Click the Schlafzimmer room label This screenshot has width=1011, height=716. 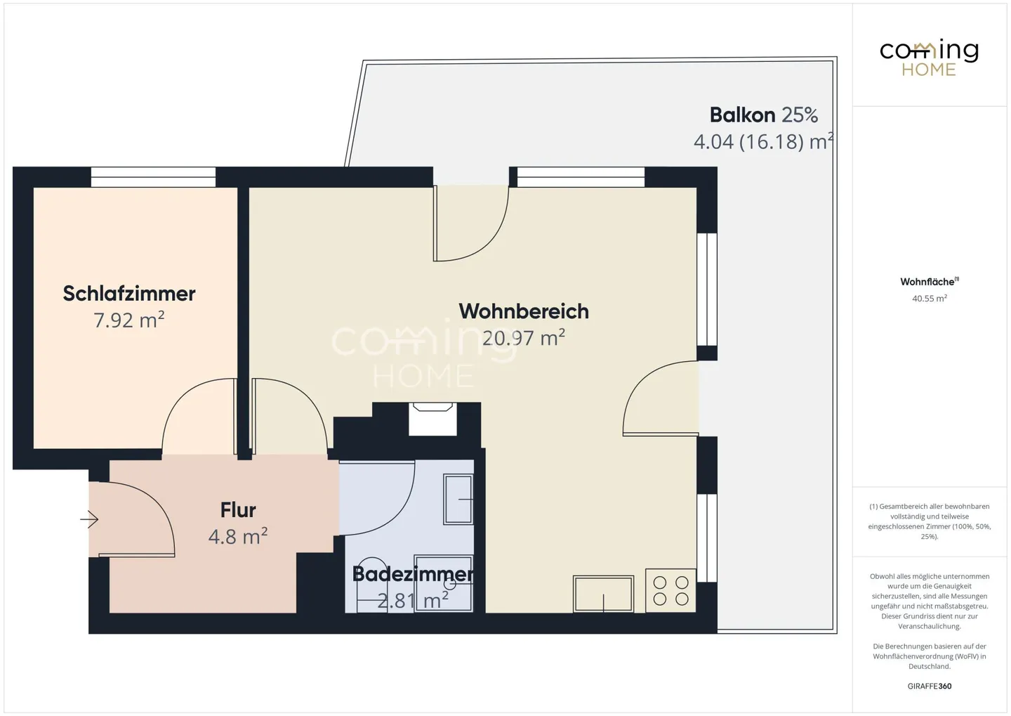click(x=129, y=294)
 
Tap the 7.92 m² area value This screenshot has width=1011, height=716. click(x=128, y=320)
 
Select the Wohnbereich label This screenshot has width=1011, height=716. click(x=524, y=311)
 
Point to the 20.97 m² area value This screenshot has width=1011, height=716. click(x=524, y=337)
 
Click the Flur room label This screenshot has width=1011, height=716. click(x=238, y=510)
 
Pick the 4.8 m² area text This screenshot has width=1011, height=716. click(x=238, y=536)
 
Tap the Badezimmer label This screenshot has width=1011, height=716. click(x=413, y=574)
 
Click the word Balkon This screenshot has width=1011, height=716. click(x=743, y=115)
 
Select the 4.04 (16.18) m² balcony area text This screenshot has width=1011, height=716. click(x=763, y=141)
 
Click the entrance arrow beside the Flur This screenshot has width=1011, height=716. click(x=89, y=519)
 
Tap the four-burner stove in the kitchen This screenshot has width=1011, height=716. click(x=670, y=590)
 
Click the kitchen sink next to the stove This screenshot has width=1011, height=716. click(x=604, y=594)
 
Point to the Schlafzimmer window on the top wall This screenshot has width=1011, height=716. click(x=154, y=177)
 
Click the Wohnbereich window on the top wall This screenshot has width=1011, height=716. click(x=581, y=177)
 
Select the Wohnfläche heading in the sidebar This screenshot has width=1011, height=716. click(x=930, y=282)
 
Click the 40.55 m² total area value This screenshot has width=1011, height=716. click(x=930, y=298)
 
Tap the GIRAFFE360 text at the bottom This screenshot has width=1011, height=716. click(x=930, y=686)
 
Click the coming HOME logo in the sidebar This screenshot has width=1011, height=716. click(x=929, y=58)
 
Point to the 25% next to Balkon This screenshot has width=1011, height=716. click(x=799, y=115)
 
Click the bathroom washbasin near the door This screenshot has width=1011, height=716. click(x=458, y=499)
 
